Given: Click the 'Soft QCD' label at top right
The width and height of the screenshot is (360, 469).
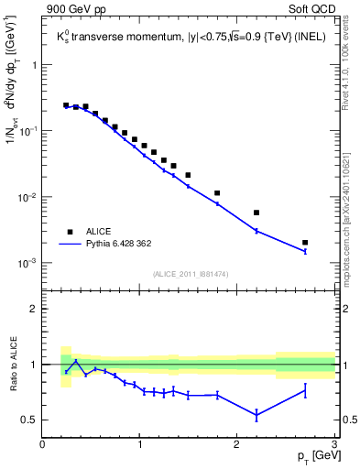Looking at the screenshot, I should tap(312, 11).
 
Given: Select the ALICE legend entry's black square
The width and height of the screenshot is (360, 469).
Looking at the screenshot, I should tap(69, 232).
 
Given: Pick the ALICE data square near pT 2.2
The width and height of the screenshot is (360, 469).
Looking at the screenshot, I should tap(256, 213).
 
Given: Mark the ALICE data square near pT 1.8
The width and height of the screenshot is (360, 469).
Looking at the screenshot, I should tap(217, 193).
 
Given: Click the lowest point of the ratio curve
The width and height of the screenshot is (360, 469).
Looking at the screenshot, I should tap(256, 415).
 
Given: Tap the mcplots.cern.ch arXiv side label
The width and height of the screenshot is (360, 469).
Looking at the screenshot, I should tap(351, 211).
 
